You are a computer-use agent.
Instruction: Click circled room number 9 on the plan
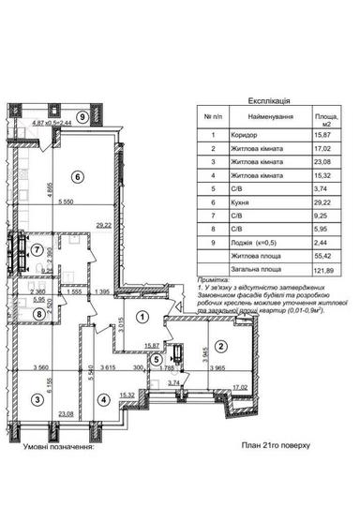84,117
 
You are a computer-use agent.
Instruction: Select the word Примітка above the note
215,280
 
